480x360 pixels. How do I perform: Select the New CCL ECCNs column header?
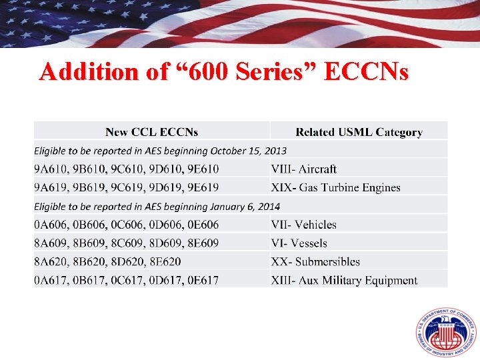151,132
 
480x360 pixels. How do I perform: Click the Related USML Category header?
359,132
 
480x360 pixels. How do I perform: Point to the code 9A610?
51,169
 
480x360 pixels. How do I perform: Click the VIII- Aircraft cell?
303,169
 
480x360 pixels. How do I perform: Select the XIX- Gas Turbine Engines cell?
335,187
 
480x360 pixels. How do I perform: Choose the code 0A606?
51,225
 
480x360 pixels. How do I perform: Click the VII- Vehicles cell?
303,225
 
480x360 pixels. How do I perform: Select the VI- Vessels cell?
299,243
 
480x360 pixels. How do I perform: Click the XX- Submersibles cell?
315,262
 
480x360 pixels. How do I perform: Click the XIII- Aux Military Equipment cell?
344,281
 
